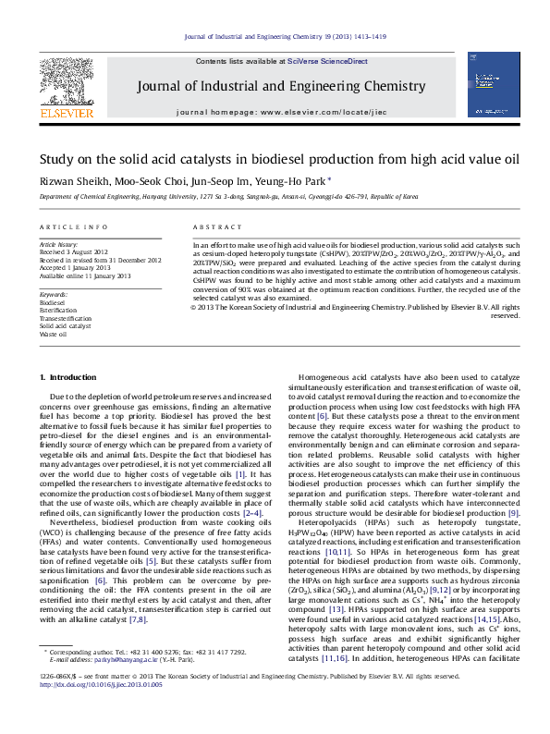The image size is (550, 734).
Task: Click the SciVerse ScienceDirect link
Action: click(327, 61)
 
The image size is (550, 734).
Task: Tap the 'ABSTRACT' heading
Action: click(212, 226)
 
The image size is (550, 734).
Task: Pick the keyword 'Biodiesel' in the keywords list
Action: click(53, 302)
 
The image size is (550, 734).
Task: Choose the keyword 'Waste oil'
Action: click(53, 334)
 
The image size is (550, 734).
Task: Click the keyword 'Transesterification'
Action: click(66, 318)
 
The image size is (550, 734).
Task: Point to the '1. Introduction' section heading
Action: click(70, 378)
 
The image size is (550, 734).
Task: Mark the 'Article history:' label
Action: click(59, 245)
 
